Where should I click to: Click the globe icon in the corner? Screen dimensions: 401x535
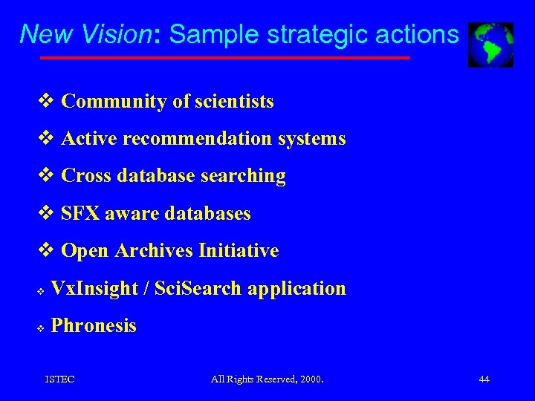point(490,45)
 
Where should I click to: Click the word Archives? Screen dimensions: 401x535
point(155,251)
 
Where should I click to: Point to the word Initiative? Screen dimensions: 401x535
point(239,251)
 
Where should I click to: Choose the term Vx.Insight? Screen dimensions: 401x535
point(94,288)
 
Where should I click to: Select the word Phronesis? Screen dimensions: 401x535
point(94,325)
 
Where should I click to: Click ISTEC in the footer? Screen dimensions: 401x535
point(59,379)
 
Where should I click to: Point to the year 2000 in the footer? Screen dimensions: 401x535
point(310,379)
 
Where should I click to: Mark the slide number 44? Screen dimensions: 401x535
point(484,379)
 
